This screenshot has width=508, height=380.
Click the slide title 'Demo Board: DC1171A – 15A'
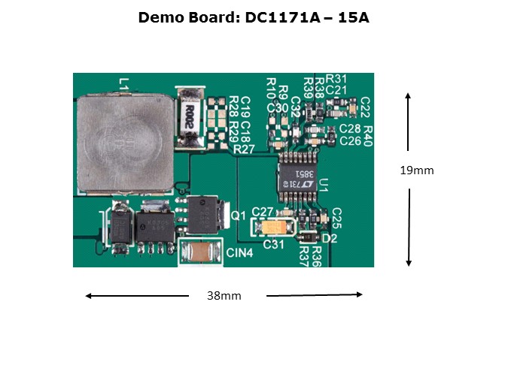click(x=254, y=17)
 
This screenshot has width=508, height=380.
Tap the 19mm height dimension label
click(x=416, y=170)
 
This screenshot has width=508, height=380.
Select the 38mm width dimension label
click(x=224, y=296)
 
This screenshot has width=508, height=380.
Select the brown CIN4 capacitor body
click(x=199, y=253)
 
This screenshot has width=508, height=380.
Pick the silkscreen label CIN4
click(x=239, y=253)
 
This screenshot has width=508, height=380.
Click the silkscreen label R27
click(x=244, y=149)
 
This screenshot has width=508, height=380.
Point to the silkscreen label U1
click(x=324, y=185)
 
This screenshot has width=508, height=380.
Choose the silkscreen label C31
click(x=274, y=243)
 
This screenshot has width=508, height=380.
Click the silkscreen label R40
click(x=367, y=135)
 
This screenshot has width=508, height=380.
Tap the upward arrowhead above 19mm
click(x=408, y=96)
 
